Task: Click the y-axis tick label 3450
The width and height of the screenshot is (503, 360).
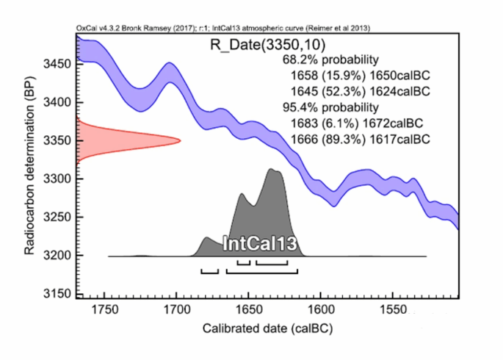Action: [x=57, y=65]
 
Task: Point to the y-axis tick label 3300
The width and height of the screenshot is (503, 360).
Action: [x=57, y=179]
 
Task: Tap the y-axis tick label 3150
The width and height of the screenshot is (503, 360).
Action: [x=57, y=294]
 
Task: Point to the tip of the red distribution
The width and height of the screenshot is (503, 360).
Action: [x=180, y=140]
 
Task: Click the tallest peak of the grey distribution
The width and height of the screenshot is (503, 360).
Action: [x=272, y=170]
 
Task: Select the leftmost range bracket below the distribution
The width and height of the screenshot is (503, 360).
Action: [x=209, y=271]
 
